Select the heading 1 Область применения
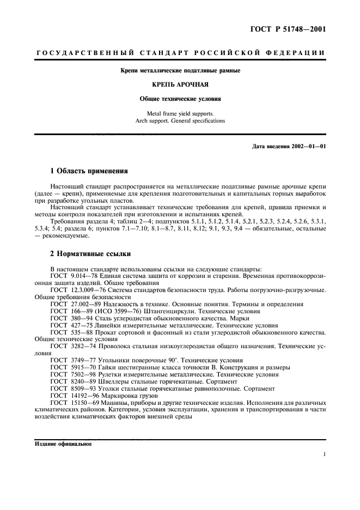pos(89,171)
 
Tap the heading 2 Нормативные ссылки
pos(90,254)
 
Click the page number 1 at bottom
pos(324,454)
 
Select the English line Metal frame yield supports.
pos(180,113)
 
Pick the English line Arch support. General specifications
pos(180,121)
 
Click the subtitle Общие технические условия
pos(180,100)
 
